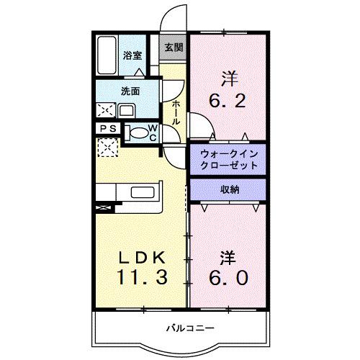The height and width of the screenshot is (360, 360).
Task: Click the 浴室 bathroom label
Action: (131, 55)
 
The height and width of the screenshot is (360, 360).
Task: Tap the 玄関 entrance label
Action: (173, 48)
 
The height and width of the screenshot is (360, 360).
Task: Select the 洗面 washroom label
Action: (130, 92)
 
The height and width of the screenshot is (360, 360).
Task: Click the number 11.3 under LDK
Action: (141, 277)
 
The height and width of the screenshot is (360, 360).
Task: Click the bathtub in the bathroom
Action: (107, 54)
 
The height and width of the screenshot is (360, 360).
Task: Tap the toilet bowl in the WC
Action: (136, 132)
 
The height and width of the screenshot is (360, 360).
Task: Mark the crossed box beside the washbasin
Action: (106, 110)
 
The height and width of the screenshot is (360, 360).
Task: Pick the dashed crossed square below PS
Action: (107, 148)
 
